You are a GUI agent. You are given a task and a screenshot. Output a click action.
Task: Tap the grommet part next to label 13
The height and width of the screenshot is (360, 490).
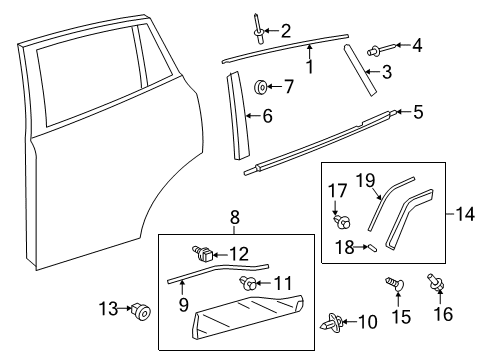coord(143,341)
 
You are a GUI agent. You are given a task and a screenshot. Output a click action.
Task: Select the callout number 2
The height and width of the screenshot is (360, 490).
coord(285,30)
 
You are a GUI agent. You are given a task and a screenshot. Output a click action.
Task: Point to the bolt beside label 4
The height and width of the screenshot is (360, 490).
coord(380,46)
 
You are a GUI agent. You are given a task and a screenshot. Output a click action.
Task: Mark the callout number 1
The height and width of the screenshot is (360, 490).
coord(310,68)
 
